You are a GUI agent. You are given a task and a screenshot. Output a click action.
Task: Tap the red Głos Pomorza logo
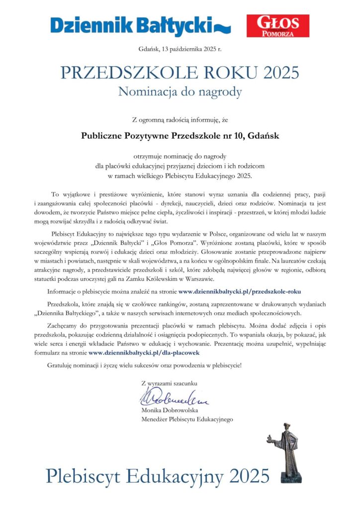coord(277,26)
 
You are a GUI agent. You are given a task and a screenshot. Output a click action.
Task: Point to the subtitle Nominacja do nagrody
coord(180,92)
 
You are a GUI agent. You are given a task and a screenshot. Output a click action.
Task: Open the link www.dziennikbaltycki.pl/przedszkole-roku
coord(240,292)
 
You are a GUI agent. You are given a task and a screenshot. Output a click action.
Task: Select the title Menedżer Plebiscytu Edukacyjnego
coord(187,420)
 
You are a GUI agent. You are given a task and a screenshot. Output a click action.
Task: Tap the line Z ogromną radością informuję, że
coord(180,119)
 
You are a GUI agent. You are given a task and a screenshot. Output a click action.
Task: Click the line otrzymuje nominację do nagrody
coord(180,158)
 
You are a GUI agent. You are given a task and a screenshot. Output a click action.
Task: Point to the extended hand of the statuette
coord(269,438)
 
